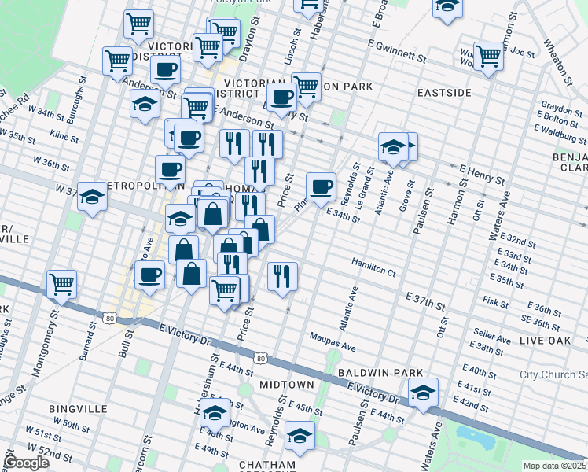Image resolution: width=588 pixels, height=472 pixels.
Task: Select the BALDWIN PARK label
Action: (x=380, y=372)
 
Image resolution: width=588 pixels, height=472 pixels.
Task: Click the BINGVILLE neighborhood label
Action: (x=72, y=409)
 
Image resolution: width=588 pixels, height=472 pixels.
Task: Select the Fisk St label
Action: (x=496, y=301)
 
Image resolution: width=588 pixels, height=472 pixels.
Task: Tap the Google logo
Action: (x=27, y=463)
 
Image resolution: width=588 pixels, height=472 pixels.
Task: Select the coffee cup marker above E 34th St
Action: (x=321, y=186)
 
